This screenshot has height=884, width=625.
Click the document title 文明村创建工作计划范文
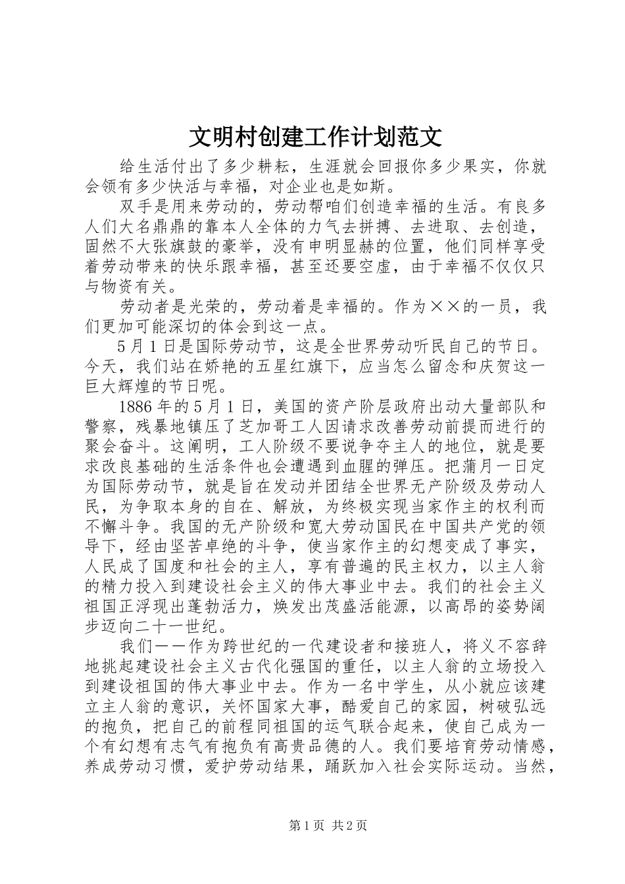pos(316,137)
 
